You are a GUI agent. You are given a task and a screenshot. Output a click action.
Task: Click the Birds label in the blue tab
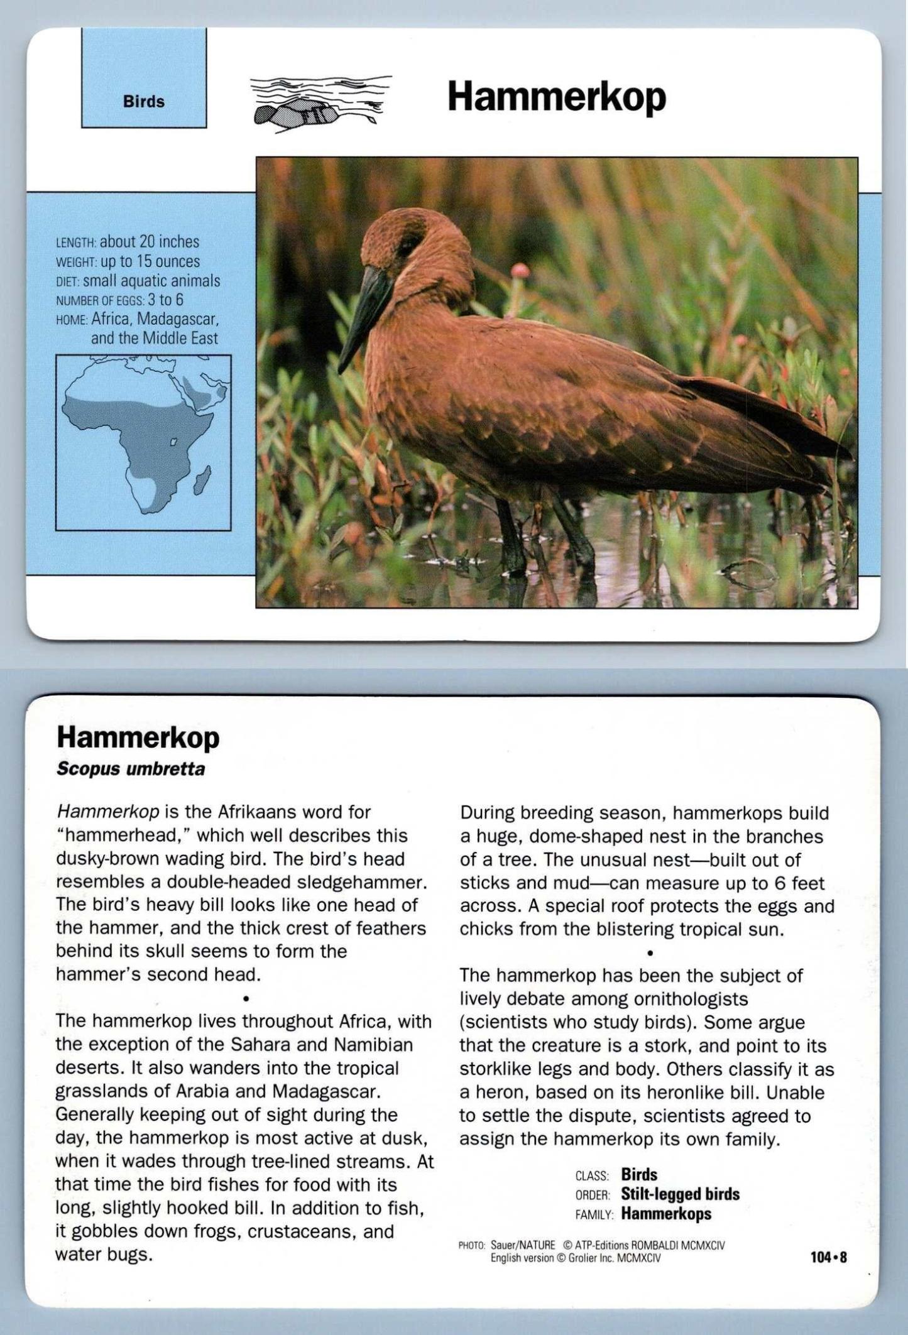click(144, 102)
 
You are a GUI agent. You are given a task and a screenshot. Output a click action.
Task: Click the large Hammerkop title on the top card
click(556, 97)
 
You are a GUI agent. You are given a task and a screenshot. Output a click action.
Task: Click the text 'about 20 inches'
click(150, 242)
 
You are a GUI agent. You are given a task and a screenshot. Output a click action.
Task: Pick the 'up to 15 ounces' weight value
click(150, 261)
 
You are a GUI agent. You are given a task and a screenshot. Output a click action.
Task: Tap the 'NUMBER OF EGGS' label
click(101, 301)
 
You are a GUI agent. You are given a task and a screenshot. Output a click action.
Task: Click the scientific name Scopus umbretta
click(131, 769)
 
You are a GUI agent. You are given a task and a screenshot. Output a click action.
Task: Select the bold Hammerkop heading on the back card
click(138, 738)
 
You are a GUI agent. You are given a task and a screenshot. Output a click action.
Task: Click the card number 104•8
click(828, 1257)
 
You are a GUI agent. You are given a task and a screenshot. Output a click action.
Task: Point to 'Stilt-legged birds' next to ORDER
click(680, 1194)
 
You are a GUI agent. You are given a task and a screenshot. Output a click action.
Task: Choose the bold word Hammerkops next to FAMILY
click(666, 1214)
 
